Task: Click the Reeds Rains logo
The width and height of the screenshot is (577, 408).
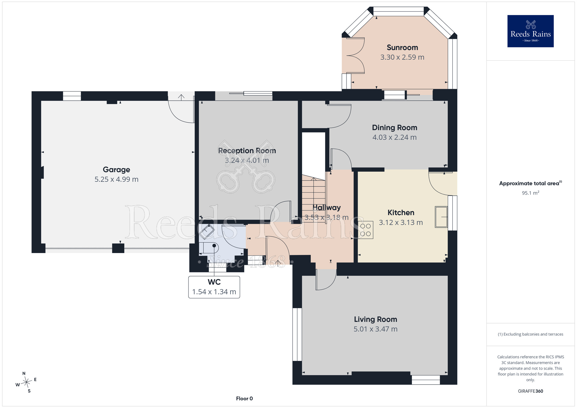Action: (530, 31)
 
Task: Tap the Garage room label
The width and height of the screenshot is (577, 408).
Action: (117, 170)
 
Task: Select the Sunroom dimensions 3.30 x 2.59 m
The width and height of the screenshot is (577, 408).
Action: (402, 57)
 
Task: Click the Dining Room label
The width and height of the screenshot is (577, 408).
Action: (395, 128)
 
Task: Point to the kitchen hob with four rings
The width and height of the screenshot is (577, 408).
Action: (366, 230)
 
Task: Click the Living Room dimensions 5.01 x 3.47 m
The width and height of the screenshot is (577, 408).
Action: (376, 329)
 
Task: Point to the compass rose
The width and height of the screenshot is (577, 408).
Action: (26, 382)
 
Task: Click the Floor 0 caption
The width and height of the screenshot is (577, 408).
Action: (244, 398)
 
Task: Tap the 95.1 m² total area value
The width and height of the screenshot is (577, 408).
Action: (530, 193)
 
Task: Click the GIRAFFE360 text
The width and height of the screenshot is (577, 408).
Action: (530, 391)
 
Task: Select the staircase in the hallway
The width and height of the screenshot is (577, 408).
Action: (314, 199)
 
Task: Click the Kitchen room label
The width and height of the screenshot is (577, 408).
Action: (401, 213)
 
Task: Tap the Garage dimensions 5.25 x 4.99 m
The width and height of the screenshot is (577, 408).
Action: (117, 179)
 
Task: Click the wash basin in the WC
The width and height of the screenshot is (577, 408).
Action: (207, 231)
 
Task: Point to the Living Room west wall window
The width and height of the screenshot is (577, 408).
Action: (297, 334)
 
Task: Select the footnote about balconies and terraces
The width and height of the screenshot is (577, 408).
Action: (530, 334)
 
